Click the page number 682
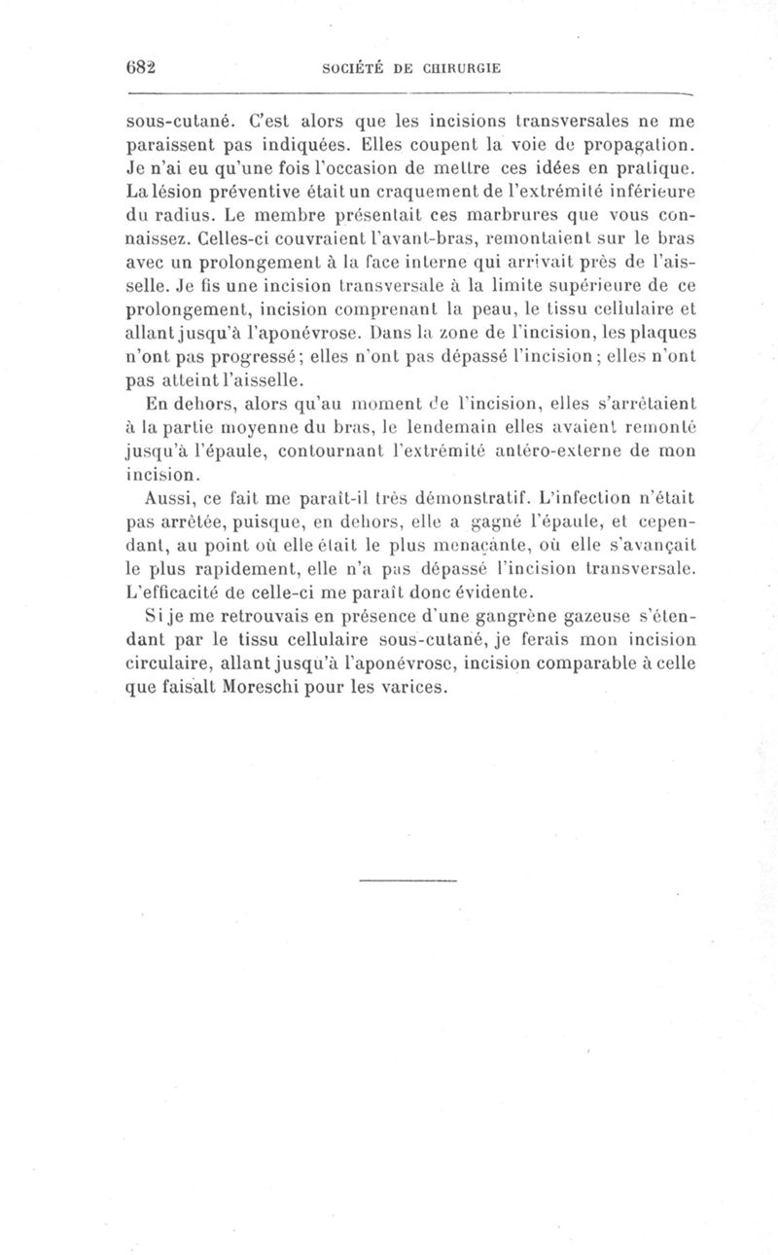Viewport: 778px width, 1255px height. (x=143, y=68)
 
